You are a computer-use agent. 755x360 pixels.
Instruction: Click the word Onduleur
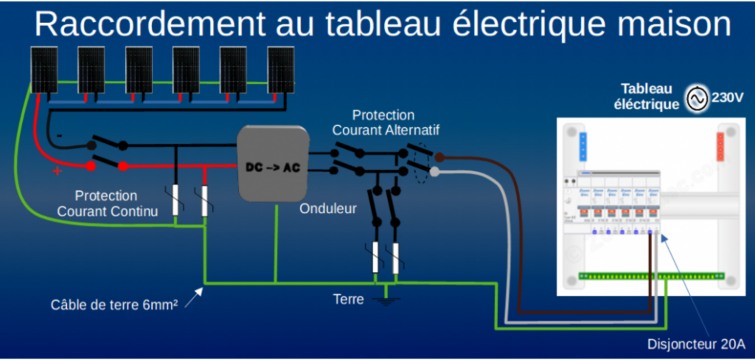coord(328,209)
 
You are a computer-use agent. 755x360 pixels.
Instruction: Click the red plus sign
coord(56,171)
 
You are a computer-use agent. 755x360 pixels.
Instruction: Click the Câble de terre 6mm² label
coord(118,304)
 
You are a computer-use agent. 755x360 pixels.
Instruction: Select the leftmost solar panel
coord(44,71)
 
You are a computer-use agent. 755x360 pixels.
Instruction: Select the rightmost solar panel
coord(280,71)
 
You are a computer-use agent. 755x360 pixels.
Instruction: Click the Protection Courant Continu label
coord(106,203)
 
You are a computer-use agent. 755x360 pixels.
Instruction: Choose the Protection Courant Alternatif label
coord(383,122)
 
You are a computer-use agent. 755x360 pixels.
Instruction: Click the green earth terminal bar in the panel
coord(649,276)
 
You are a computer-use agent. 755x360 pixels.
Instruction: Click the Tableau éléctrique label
coord(647,97)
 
